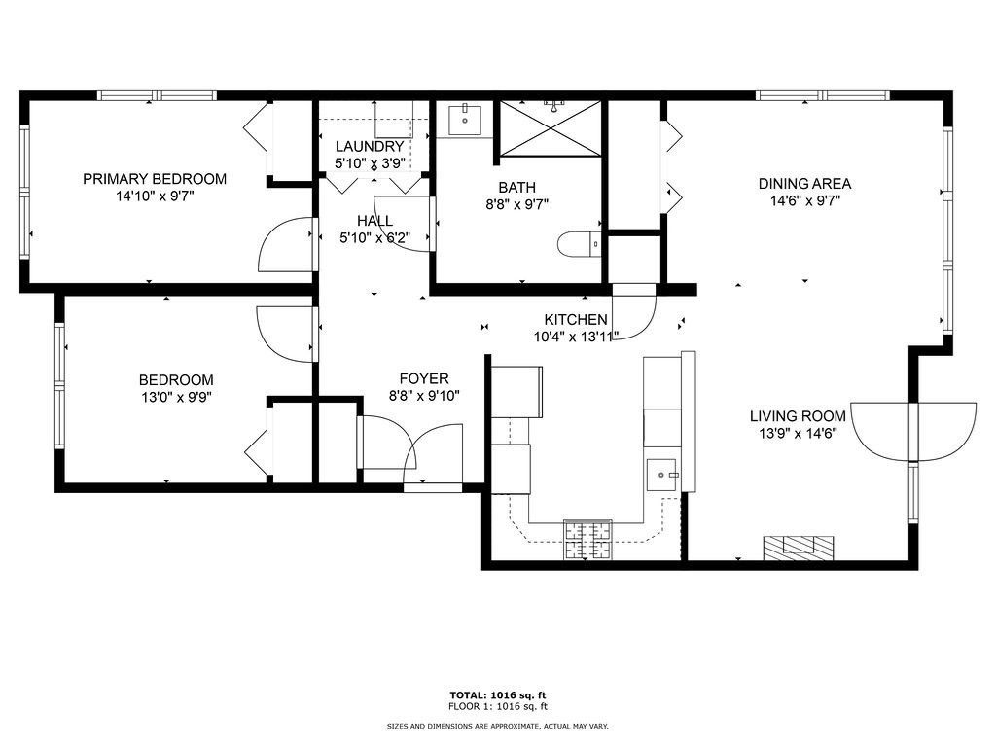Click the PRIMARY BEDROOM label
[155, 179]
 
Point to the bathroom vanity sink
[465, 121]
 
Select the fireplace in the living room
[798, 548]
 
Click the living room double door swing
[913, 430]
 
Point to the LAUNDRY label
[370, 147]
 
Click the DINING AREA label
[804, 184]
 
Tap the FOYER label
[424, 378]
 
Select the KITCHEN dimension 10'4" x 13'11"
[575, 337]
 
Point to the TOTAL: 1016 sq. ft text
[497, 694]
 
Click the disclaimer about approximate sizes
[497, 726]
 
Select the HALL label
[374, 221]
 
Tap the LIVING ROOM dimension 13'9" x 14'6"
[798, 433]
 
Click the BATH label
[516, 188]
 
